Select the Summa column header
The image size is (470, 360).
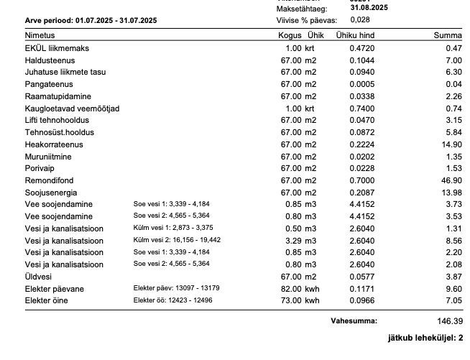tap(448, 35)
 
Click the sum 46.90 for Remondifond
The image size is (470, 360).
tap(451, 180)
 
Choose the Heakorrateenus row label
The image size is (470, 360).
tap(54, 144)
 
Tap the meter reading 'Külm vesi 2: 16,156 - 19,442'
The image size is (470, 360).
tap(177, 240)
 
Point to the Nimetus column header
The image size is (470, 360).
tap(40, 35)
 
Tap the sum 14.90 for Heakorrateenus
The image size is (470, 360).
tap(451, 144)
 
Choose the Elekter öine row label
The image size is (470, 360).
tap(46, 300)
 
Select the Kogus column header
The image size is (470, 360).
tap(290, 35)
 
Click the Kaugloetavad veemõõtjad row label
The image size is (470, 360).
tap(72, 109)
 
